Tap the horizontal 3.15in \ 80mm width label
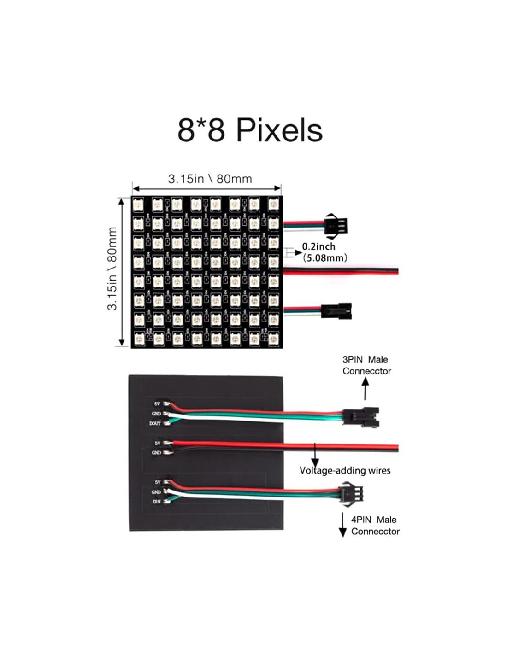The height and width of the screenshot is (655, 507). [210, 179]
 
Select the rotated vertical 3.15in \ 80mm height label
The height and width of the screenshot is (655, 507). [112, 269]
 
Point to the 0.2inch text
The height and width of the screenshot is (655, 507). [318, 246]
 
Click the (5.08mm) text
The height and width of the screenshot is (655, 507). [325, 258]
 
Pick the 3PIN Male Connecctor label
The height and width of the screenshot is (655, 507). [366, 365]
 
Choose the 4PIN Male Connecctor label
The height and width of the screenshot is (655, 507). [375, 526]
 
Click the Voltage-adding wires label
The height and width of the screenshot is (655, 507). [345, 470]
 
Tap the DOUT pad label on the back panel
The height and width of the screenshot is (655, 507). [155, 423]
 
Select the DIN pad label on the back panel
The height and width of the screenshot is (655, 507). [157, 502]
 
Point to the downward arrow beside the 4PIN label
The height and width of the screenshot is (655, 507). [342, 525]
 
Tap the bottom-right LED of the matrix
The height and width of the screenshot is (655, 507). [273, 339]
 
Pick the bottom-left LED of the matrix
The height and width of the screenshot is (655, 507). [138, 339]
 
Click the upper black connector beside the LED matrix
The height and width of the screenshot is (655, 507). [336, 226]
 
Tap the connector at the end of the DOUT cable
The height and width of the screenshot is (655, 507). [362, 416]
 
